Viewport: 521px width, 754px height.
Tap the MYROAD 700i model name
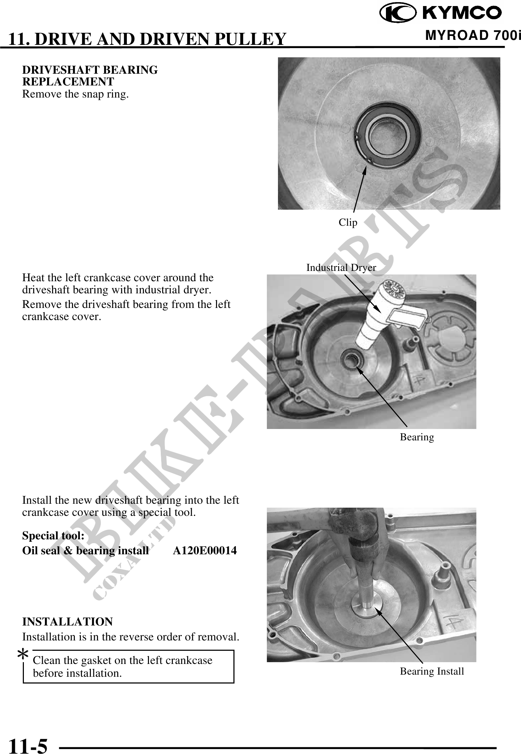(x=473, y=36)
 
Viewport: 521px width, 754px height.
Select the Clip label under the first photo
(x=348, y=222)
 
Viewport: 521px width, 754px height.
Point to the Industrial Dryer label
(x=341, y=267)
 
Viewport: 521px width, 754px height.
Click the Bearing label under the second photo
(x=417, y=437)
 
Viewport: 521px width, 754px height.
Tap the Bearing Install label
(x=432, y=671)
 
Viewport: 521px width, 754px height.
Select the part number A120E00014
(x=205, y=550)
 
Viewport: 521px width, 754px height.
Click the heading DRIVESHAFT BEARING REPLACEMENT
(x=90, y=75)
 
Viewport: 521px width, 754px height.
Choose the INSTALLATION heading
(x=67, y=622)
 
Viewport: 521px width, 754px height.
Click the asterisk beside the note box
(x=23, y=654)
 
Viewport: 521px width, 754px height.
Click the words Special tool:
(x=53, y=535)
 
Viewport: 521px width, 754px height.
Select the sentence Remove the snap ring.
(x=76, y=94)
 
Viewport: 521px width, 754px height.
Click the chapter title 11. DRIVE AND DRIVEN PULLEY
(x=147, y=39)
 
